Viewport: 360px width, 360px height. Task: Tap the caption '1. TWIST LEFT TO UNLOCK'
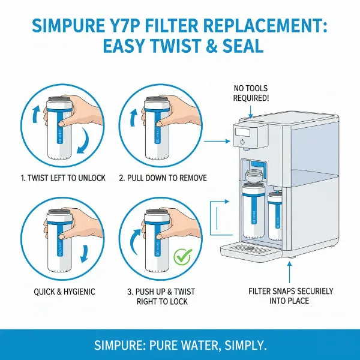[62, 178]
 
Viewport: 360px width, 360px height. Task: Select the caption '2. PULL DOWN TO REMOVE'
[162, 178]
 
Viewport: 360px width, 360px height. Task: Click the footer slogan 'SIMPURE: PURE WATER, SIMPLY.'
[180, 345]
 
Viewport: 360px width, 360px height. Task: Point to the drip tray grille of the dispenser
[249, 247]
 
